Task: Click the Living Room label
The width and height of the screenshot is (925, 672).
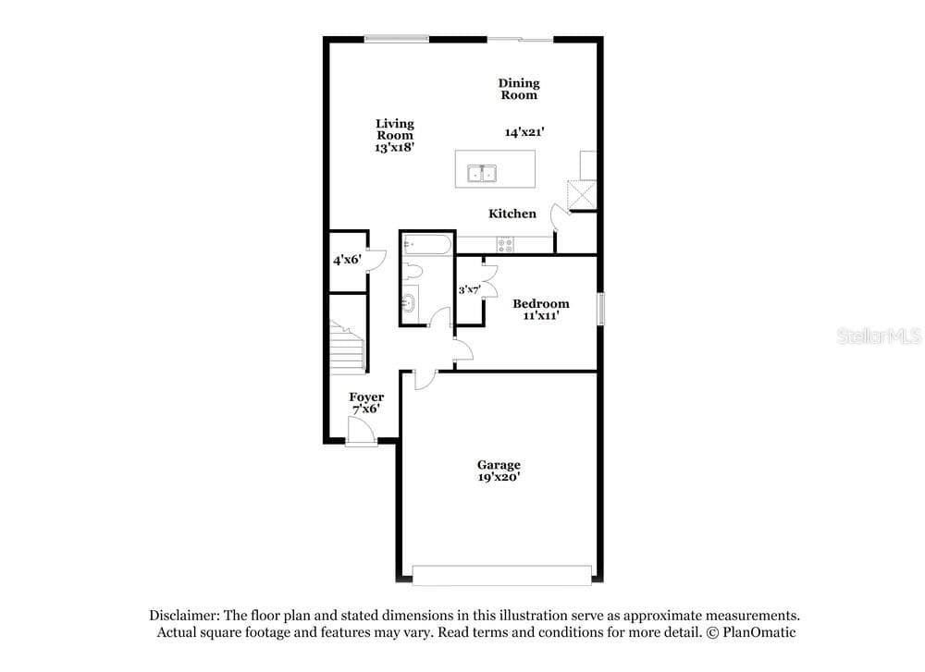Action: pos(395,129)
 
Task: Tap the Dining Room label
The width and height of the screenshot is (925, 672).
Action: pos(519,89)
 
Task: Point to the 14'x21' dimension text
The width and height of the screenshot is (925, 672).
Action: pos(524,132)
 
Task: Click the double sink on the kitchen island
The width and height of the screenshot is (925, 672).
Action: pos(482,174)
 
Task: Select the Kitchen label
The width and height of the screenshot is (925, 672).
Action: pos(512,214)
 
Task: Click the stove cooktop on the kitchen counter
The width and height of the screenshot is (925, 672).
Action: pos(505,244)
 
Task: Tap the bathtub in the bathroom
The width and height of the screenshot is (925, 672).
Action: pos(427,245)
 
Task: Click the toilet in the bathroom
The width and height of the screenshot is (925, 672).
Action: pos(413,272)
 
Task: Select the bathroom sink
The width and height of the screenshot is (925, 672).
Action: pos(410,303)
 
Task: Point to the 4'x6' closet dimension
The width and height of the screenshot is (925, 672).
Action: pos(347,260)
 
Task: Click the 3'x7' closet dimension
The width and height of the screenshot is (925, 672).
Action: pos(470,289)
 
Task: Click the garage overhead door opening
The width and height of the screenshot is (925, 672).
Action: pos(501,575)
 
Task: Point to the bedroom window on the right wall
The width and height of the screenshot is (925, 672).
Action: pos(600,309)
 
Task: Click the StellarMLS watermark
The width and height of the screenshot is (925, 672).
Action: pos(879,336)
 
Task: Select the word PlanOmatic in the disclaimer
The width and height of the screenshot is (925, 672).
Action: pos(758,632)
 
